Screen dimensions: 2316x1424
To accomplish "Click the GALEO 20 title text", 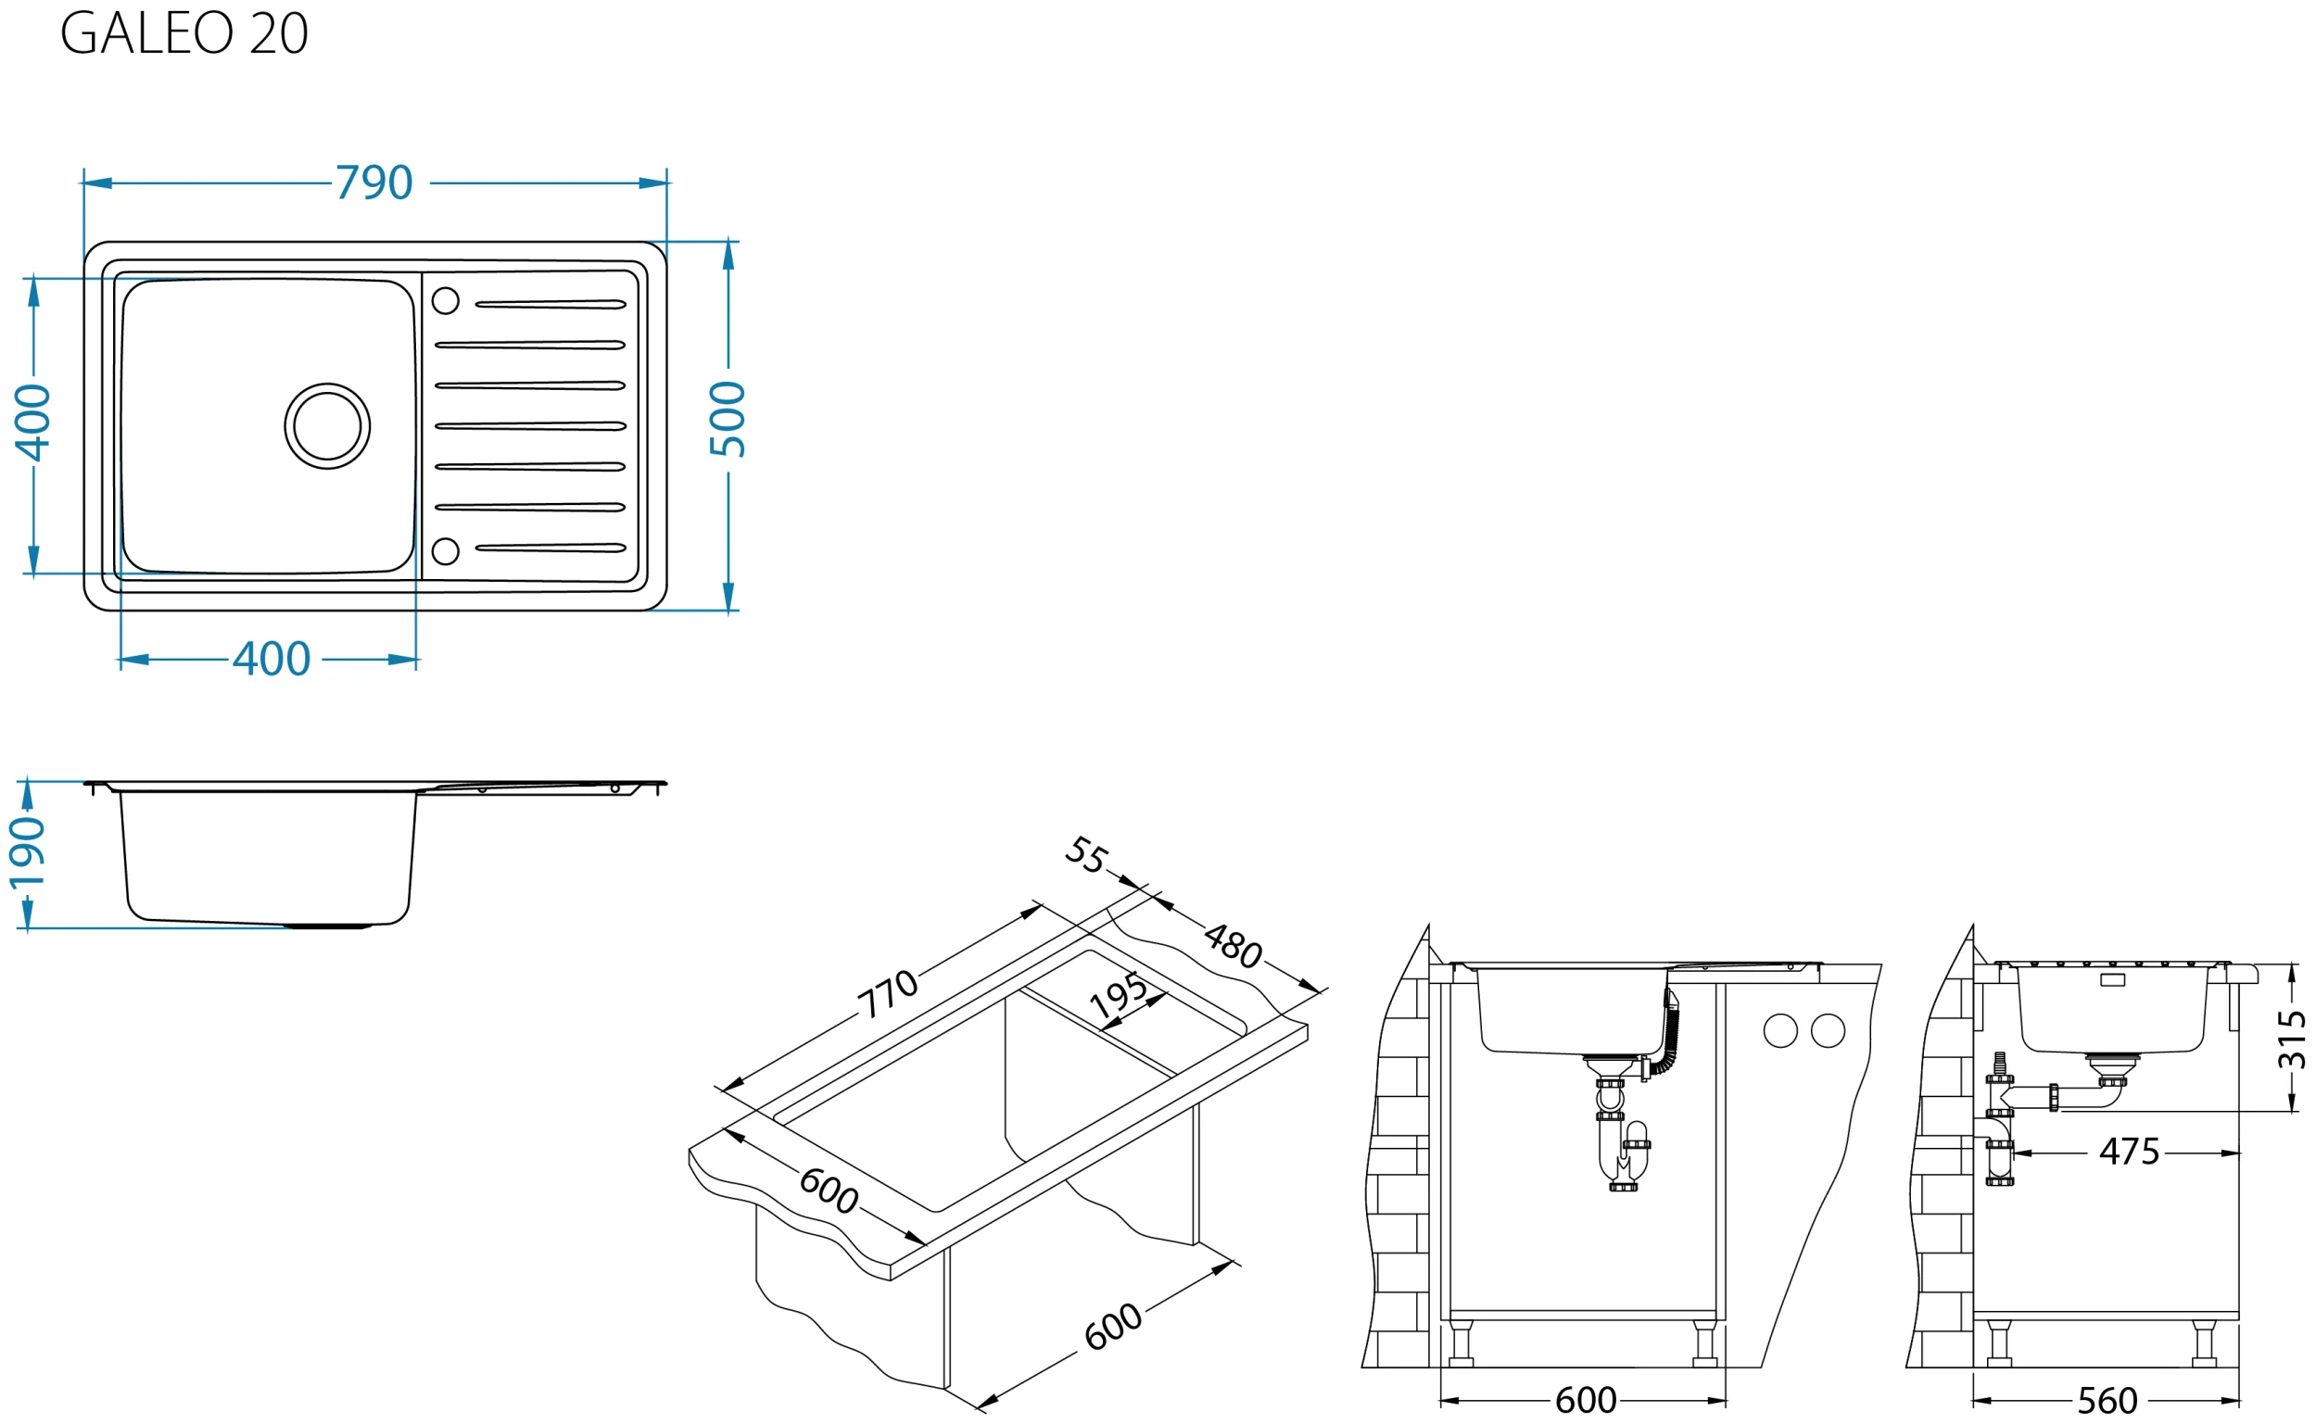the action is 184,33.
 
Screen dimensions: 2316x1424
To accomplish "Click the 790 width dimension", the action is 373,183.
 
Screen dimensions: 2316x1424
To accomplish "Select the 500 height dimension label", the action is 728,419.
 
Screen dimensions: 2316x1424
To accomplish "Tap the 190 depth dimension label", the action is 27,853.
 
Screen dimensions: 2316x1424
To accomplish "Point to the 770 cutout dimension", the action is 886,994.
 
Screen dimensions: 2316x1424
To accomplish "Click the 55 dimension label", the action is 1086,854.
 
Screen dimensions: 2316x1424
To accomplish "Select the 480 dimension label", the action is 1233,946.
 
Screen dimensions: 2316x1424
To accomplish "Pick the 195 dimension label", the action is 1118,995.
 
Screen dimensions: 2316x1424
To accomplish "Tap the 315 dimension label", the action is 2292,1040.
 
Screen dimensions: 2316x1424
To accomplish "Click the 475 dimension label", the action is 2130,1152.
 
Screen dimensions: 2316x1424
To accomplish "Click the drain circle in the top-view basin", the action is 327,425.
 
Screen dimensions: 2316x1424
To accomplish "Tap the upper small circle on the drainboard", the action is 446,300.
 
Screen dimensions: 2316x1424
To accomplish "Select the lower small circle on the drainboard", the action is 446,551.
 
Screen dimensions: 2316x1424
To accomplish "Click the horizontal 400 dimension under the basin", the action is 272,660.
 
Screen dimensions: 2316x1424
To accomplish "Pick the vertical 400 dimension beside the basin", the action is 33,422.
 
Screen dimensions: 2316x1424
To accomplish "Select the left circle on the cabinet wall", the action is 1780,1031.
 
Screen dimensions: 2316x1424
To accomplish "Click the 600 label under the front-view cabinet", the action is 1586,1401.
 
